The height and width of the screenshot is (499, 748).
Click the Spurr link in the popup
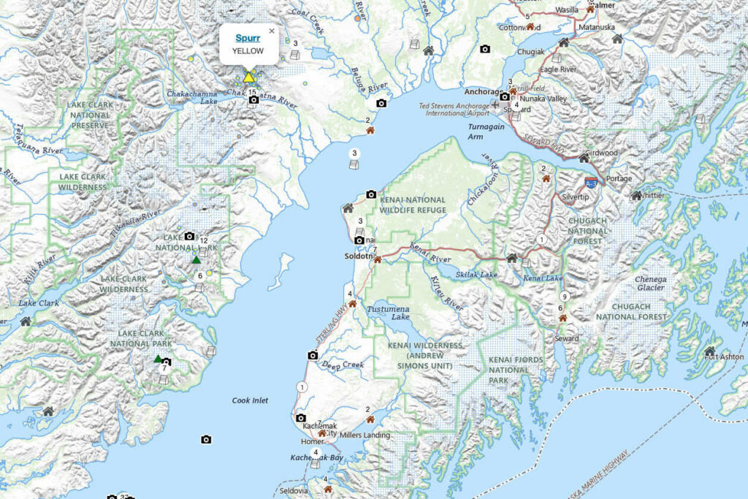click(x=248, y=37)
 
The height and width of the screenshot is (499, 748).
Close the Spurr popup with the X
click(x=272, y=31)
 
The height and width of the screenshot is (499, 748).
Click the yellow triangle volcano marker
click(x=249, y=77)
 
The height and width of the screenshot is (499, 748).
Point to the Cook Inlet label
click(x=250, y=400)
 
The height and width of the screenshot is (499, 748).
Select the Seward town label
click(x=567, y=338)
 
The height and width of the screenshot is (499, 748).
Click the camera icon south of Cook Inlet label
click(x=206, y=439)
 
